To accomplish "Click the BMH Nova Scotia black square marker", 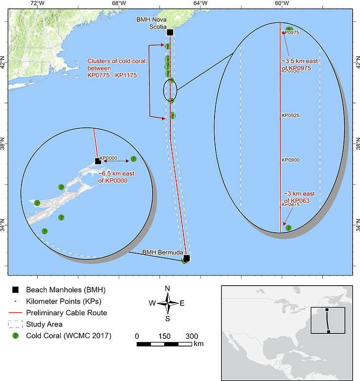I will (170, 33).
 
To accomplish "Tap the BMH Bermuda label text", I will (162, 253).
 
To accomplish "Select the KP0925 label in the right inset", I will (290, 116).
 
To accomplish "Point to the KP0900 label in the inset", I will (290, 160).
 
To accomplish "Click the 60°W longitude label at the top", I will (282, 4).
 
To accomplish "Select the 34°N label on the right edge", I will (356, 227).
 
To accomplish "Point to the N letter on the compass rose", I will (167, 289).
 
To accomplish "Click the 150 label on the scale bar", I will (164, 336).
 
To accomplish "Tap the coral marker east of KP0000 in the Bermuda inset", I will (134, 158).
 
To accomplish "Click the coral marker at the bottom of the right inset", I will (288, 227).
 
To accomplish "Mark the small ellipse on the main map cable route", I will (170, 90).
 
